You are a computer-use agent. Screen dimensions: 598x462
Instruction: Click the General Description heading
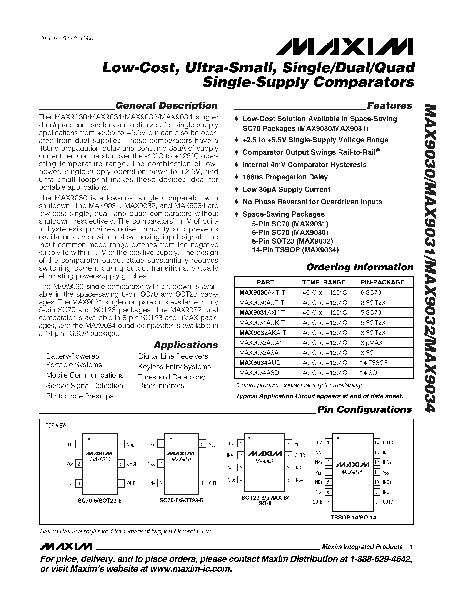click(166, 106)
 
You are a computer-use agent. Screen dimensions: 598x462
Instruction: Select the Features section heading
click(389, 106)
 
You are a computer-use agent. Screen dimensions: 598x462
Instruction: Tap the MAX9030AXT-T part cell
click(262, 292)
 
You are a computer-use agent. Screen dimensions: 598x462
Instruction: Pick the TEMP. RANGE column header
click(324, 282)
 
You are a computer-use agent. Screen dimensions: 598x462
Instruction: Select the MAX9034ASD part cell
click(259, 373)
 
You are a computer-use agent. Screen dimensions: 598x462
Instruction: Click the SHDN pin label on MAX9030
click(132, 464)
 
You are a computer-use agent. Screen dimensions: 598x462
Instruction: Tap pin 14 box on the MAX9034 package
click(377, 443)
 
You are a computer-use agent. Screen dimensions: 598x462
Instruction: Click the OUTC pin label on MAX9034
click(388, 502)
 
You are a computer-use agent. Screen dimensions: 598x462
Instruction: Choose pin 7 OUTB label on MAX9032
click(300, 455)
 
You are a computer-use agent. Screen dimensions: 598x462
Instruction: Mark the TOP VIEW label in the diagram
click(56, 426)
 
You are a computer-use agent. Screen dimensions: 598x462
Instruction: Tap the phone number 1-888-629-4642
click(381, 559)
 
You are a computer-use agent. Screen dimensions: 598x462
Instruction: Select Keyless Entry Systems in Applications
click(174, 367)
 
